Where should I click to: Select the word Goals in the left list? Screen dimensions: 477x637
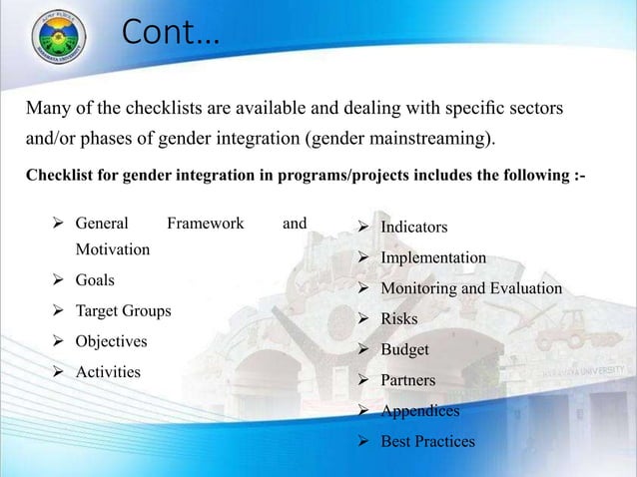(x=96, y=280)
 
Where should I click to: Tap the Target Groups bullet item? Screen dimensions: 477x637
(x=123, y=310)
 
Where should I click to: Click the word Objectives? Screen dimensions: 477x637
(x=111, y=341)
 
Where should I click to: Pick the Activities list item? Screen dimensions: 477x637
(x=108, y=372)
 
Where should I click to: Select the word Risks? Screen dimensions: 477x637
(x=399, y=319)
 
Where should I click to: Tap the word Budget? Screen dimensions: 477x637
(x=404, y=350)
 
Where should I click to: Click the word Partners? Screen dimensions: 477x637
(x=408, y=380)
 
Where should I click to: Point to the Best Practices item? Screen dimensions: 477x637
(x=427, y=442)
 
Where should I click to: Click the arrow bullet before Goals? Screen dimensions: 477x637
(x=58, y=280)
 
